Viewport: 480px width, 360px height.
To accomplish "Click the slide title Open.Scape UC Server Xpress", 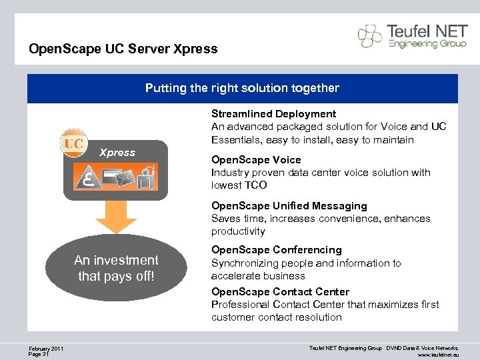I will pos(123,49).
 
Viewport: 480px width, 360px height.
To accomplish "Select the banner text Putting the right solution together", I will pos(242,88).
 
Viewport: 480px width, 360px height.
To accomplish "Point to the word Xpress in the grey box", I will pos(117,153).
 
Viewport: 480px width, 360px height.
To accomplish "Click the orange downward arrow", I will pos(115,217).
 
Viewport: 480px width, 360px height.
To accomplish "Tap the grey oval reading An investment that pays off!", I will pos(117,268).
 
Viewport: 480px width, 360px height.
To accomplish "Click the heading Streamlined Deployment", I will pos(273,114).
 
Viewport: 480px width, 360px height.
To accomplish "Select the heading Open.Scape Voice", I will pos(256,160).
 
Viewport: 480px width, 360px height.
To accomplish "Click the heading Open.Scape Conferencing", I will pos(276,250).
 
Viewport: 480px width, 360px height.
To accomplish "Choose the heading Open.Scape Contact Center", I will pos(280,292).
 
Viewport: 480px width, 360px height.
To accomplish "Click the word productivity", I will pos(238,231).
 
